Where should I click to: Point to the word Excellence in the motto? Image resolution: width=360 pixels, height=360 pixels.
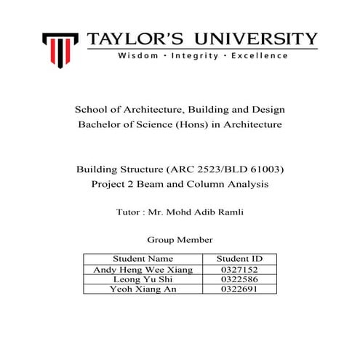pos(258,55)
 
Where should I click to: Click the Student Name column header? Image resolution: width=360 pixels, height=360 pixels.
pos(143,258)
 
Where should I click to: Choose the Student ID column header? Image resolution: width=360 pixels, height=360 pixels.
pos(239,258)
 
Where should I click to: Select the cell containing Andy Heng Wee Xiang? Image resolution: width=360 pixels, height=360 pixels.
pos(143,269)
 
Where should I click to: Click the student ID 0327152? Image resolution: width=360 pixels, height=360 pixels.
pos(239,269)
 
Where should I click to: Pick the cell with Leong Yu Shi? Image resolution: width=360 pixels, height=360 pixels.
pos(143,279)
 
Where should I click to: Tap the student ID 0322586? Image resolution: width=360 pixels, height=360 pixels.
pos(239,279)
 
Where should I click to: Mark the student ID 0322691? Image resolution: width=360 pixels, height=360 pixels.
pos(239,289)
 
